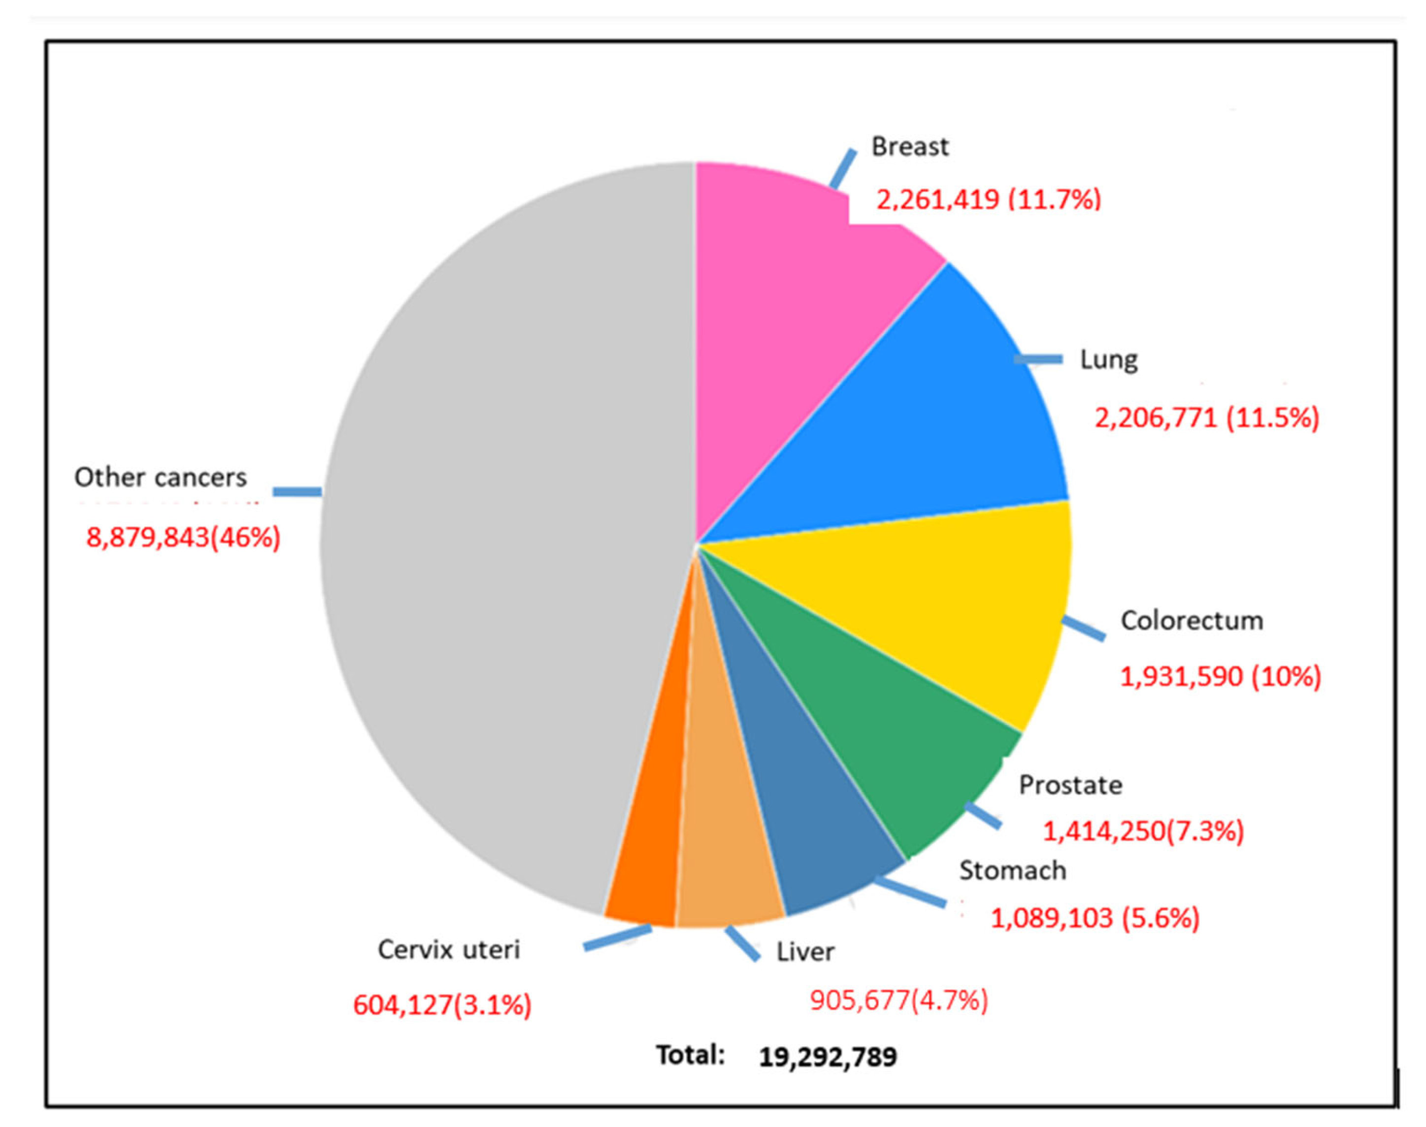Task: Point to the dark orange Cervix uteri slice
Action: click(x=650, y=864)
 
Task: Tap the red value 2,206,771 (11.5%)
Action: click(x=1206, y=418)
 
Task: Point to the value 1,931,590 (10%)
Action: click(x=1220, y=676)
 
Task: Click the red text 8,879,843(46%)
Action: click(x=183, y=538)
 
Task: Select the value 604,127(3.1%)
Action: click(x=442, y=1005)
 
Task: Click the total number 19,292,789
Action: click(x=828, y=1057)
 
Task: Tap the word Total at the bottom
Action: click(x=690, y=1055)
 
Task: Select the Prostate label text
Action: click(x=1070, y=785)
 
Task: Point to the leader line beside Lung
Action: click(x=1038, y=359)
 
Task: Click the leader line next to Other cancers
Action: click(x=297, y=492)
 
